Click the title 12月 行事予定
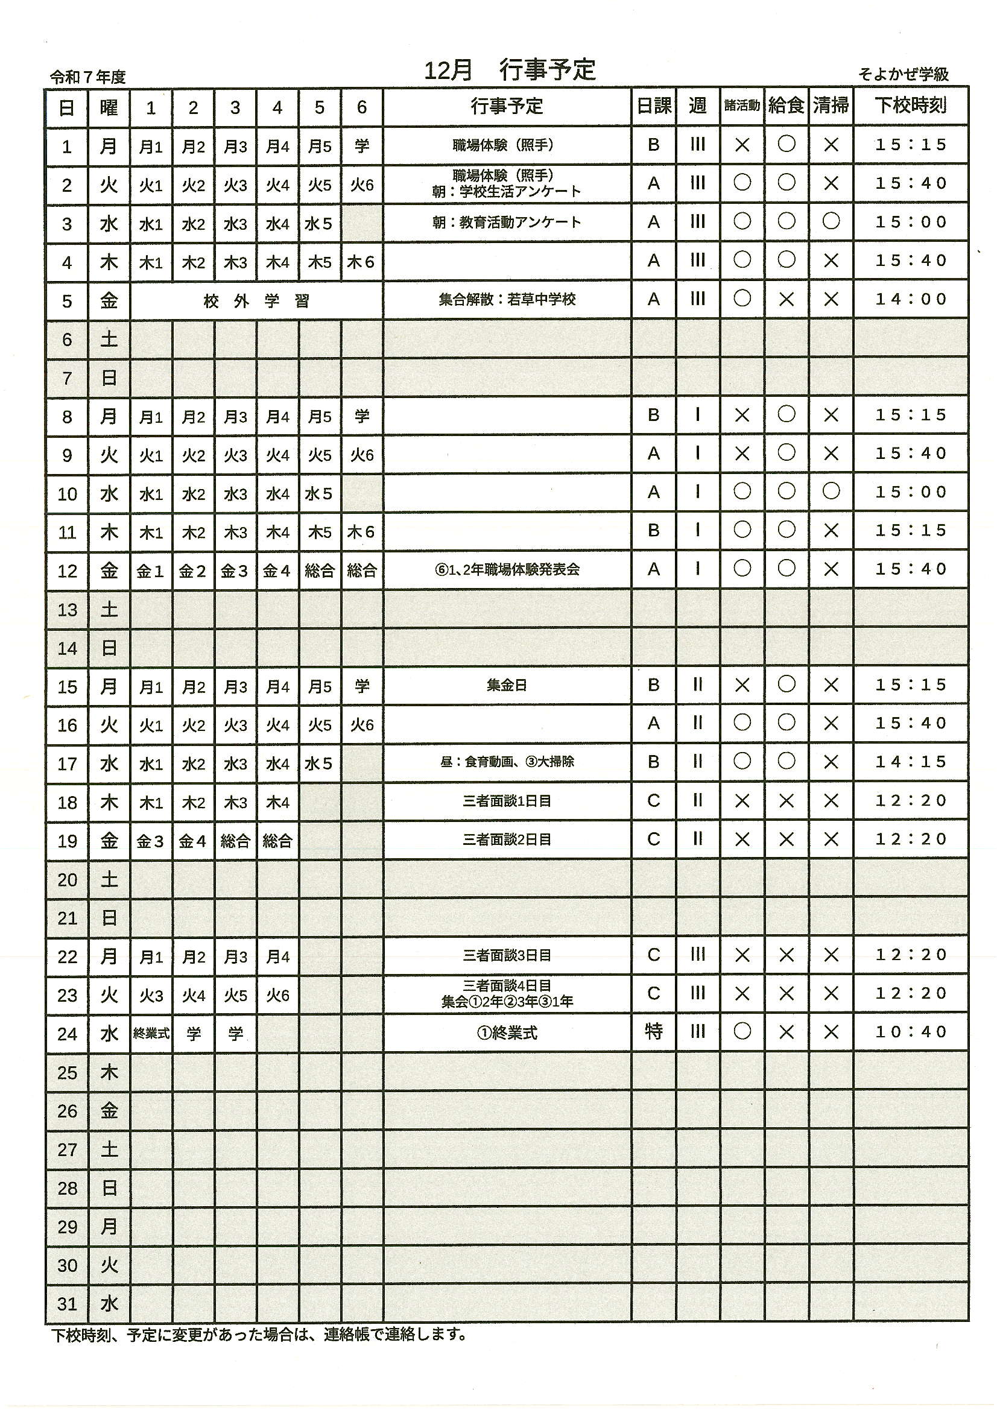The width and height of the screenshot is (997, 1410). coord(509,71)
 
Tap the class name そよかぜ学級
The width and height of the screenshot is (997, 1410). coord(903,75)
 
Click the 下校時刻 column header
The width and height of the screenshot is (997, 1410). coord(910,106)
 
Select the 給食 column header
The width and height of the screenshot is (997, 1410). coord(787,106)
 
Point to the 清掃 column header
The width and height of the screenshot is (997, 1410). coord(831,106)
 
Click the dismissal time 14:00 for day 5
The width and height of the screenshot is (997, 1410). coord(911,300)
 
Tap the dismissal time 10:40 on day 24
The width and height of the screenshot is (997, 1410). coord(911,1032)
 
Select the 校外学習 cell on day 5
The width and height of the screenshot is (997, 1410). coord(256,301)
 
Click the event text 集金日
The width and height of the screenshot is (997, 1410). coord(507,685)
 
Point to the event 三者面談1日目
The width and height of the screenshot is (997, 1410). coord(507,801)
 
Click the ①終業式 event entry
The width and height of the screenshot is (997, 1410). coord(507,1033)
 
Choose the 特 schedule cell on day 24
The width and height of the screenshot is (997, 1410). coord(654,1032)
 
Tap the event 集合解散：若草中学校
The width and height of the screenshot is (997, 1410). coord(507,300)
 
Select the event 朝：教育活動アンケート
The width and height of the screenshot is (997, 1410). coord(507,223)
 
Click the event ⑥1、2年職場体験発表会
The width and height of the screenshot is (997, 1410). coord(507,570)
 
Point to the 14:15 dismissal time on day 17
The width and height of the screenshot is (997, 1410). coord(911,762)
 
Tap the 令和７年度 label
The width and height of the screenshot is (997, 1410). coord(88,77)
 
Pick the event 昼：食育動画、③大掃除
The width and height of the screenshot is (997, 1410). coord(507,762)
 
